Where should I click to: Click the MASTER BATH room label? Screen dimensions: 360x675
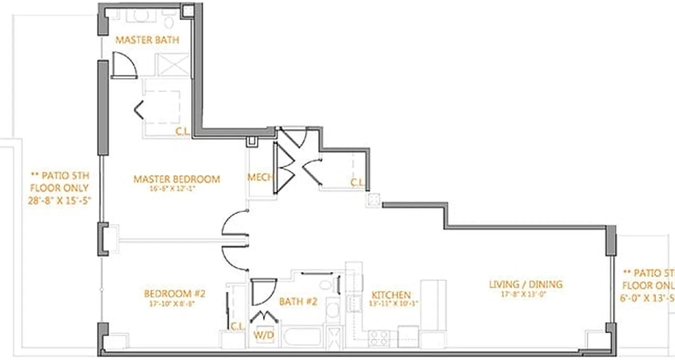coord(147,40)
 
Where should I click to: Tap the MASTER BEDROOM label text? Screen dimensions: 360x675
coord(176,180)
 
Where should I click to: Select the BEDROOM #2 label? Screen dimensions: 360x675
coord(175,294)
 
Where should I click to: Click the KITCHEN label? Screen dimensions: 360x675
coord(391,295)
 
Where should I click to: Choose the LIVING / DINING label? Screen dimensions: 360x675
coord(526,284)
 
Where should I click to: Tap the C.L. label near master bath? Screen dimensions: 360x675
coord(182,132)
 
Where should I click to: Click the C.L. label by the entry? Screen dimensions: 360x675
coord(357,183)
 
